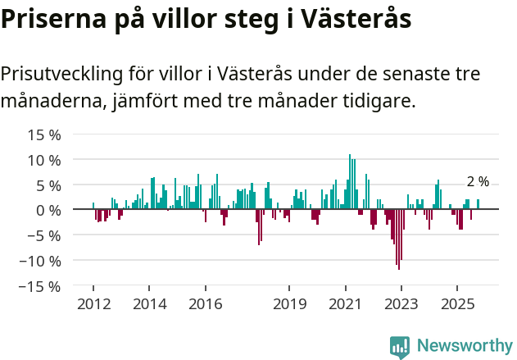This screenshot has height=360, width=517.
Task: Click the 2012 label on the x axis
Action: (x=93, y=303)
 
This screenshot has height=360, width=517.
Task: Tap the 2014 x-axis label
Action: (x=149, y=303)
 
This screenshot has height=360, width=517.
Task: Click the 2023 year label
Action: (x=401, y=303)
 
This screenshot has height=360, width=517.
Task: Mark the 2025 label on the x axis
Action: (x=457, y=303)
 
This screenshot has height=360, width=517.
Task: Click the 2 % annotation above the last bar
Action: (x=478, y=182)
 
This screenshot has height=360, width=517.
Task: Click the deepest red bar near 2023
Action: (x=399, y=239)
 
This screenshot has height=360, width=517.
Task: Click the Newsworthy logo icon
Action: (x=400, y=347)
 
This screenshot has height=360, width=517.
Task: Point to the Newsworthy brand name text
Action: (x=464, y=346)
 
